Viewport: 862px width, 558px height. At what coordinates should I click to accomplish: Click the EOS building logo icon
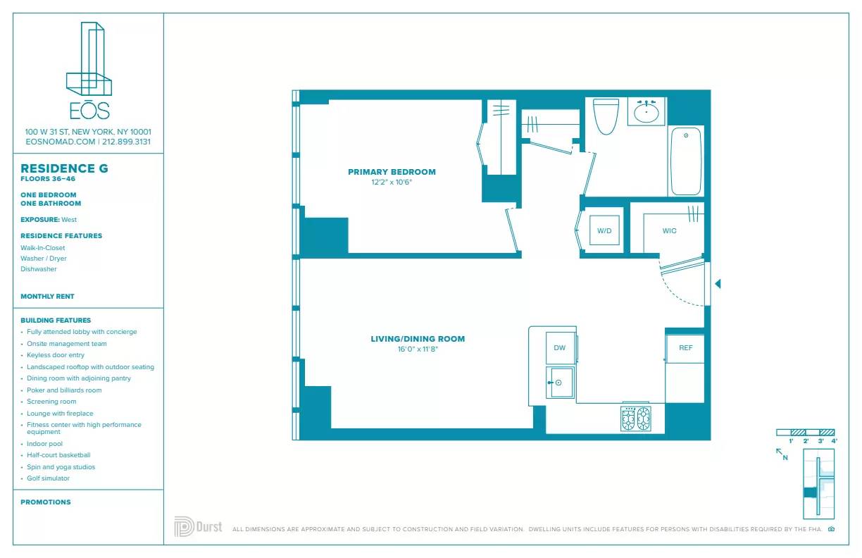pos(89,61)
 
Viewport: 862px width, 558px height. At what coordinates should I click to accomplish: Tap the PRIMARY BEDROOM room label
pos(392,172)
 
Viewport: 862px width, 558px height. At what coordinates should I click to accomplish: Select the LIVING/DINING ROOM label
pos(418,339)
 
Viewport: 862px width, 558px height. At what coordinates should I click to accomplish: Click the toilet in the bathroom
pos(606,116)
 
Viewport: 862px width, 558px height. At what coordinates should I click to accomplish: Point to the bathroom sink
pos(646,112)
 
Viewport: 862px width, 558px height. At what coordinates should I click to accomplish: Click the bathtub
pos(685,161)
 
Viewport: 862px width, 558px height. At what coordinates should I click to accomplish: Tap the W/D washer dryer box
pos(604,230)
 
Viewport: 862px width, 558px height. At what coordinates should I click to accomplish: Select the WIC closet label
pos(669,231)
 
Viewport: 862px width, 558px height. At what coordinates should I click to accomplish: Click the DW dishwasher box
pos(560,348)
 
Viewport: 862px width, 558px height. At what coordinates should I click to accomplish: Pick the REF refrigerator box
pos(685,348)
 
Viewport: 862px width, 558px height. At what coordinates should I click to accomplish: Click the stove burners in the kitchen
pos(635,418)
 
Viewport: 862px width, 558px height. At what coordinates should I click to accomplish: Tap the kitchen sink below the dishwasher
pos(561,383)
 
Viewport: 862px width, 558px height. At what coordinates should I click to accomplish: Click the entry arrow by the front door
pos(718,284)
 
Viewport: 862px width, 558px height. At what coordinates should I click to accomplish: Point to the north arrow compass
pos(781,454)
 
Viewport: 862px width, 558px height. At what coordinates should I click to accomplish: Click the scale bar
pos(806,432)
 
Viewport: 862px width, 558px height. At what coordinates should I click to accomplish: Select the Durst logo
pos(198,527)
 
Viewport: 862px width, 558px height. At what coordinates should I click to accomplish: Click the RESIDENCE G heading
pos(64,169)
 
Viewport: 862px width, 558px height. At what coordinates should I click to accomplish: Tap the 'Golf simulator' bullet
pos(48,478)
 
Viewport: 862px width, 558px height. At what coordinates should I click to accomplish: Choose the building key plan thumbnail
pos(818,484)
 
